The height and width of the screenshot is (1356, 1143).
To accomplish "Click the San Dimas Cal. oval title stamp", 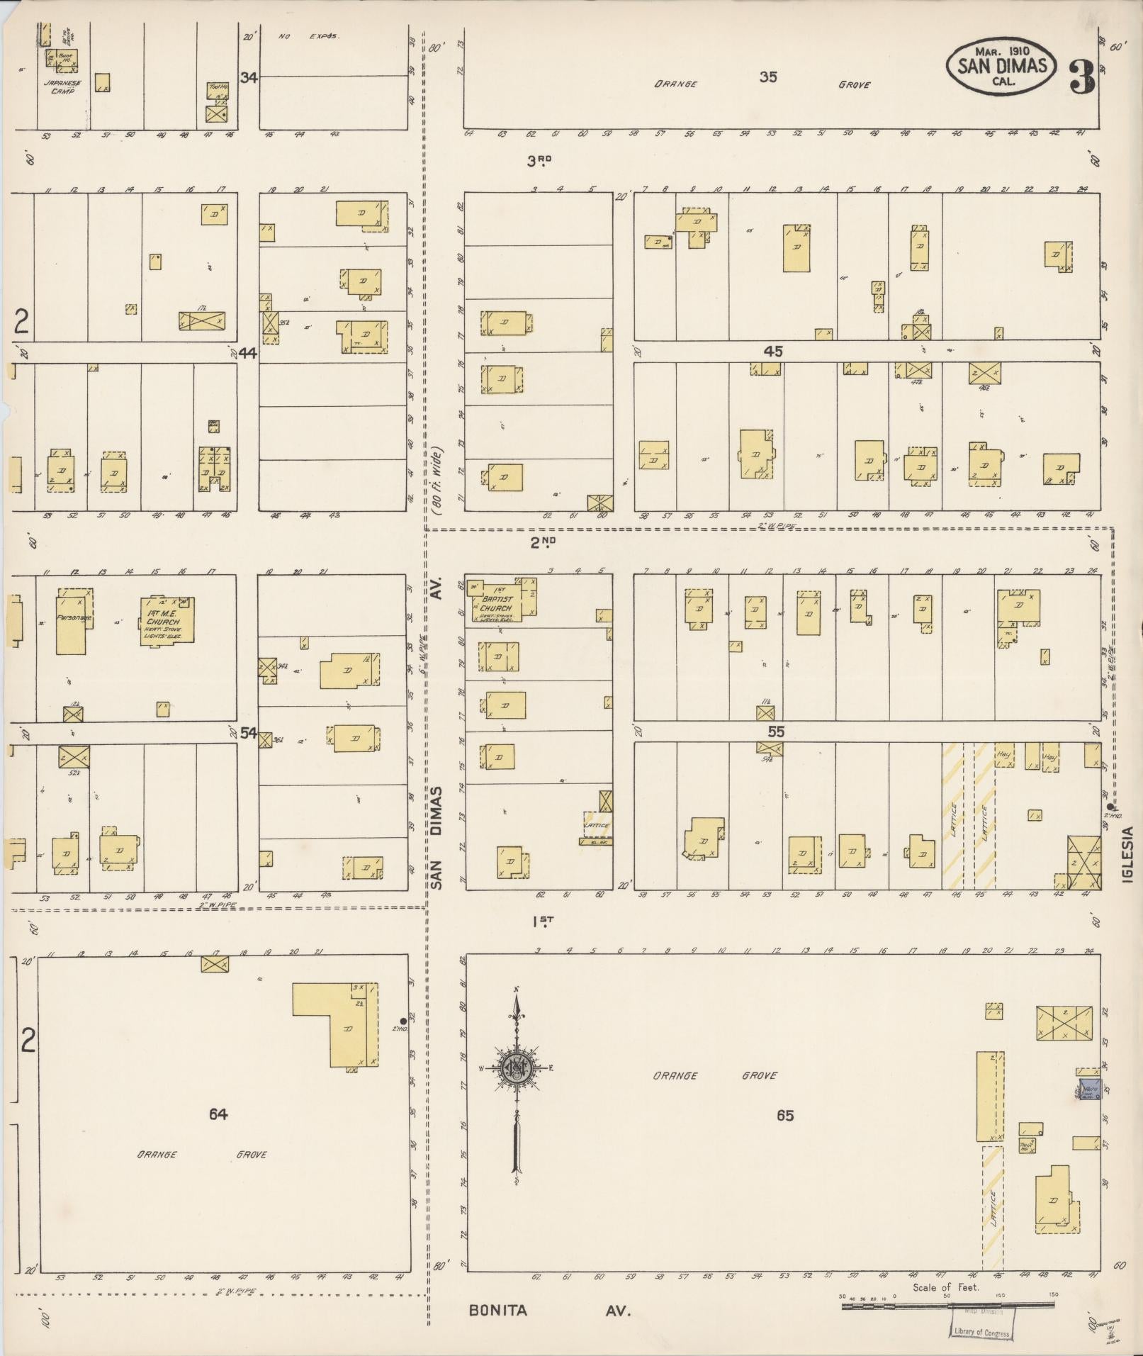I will [1001, 66].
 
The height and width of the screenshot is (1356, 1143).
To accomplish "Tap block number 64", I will [218, 1114].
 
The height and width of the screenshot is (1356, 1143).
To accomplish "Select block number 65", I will [784, 1115].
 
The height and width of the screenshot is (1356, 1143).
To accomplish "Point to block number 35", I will [768, 77].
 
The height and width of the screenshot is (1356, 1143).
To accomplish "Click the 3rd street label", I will [539, 161].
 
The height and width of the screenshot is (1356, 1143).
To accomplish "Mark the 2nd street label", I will [543, 542].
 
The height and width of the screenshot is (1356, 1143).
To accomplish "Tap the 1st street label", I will [543, 921].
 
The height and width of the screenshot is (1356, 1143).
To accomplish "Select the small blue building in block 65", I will [1089, 1089].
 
